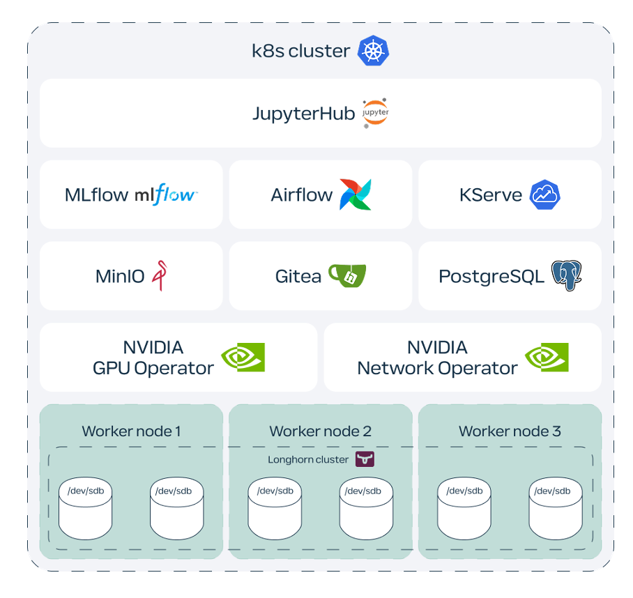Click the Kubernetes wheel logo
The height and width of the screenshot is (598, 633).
pos(373,51)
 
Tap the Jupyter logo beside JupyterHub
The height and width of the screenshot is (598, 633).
pos(375,113)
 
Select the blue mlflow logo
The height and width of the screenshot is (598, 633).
pos(166,194)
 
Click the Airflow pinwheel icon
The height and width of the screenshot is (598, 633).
pos(355,194)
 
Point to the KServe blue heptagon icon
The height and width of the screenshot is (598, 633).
pos(544,194)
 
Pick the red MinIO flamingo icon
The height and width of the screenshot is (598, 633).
pos(160,275)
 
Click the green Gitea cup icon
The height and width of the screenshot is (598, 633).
pos(347,275)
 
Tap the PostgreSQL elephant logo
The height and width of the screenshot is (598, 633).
pos(566,275)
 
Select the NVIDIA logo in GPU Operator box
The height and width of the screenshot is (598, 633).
pos(243,357)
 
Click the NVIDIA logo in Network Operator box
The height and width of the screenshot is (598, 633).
pos(547,357)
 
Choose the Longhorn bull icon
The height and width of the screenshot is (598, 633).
pos(365,459)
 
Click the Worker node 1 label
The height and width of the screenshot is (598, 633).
pos(131,431)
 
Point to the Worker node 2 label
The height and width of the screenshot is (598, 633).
pos(320,431)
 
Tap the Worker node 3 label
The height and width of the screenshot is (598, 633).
pos(510,431)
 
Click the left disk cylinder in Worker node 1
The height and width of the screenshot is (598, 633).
pos(86,509)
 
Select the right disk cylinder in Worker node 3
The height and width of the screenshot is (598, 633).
pos(556,509)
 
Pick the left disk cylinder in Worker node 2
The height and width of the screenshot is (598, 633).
pos(275,509)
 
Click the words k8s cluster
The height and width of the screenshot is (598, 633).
pos(300,51)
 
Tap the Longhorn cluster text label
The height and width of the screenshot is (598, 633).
pos(307,459)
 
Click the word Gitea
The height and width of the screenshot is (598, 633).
pos(298,276)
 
